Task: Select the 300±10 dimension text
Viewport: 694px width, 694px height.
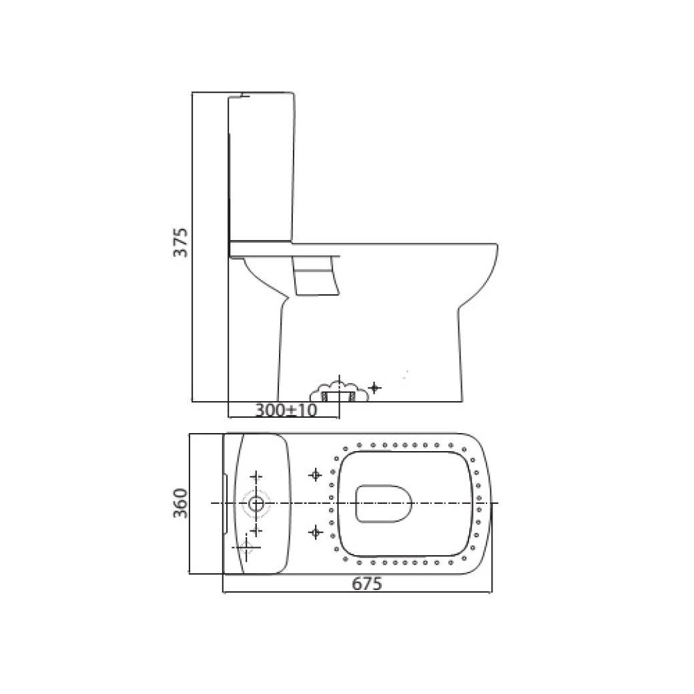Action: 286,410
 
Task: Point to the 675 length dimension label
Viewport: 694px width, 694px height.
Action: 366,584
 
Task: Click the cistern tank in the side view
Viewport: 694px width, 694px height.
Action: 262,167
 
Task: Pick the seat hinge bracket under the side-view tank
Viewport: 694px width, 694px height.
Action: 316,276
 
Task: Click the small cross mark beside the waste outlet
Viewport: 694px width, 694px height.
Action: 375,387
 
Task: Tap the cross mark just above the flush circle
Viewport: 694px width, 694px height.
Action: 256,476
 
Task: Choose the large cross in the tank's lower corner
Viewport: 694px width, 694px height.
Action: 246,549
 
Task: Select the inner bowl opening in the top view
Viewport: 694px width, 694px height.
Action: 383,502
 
